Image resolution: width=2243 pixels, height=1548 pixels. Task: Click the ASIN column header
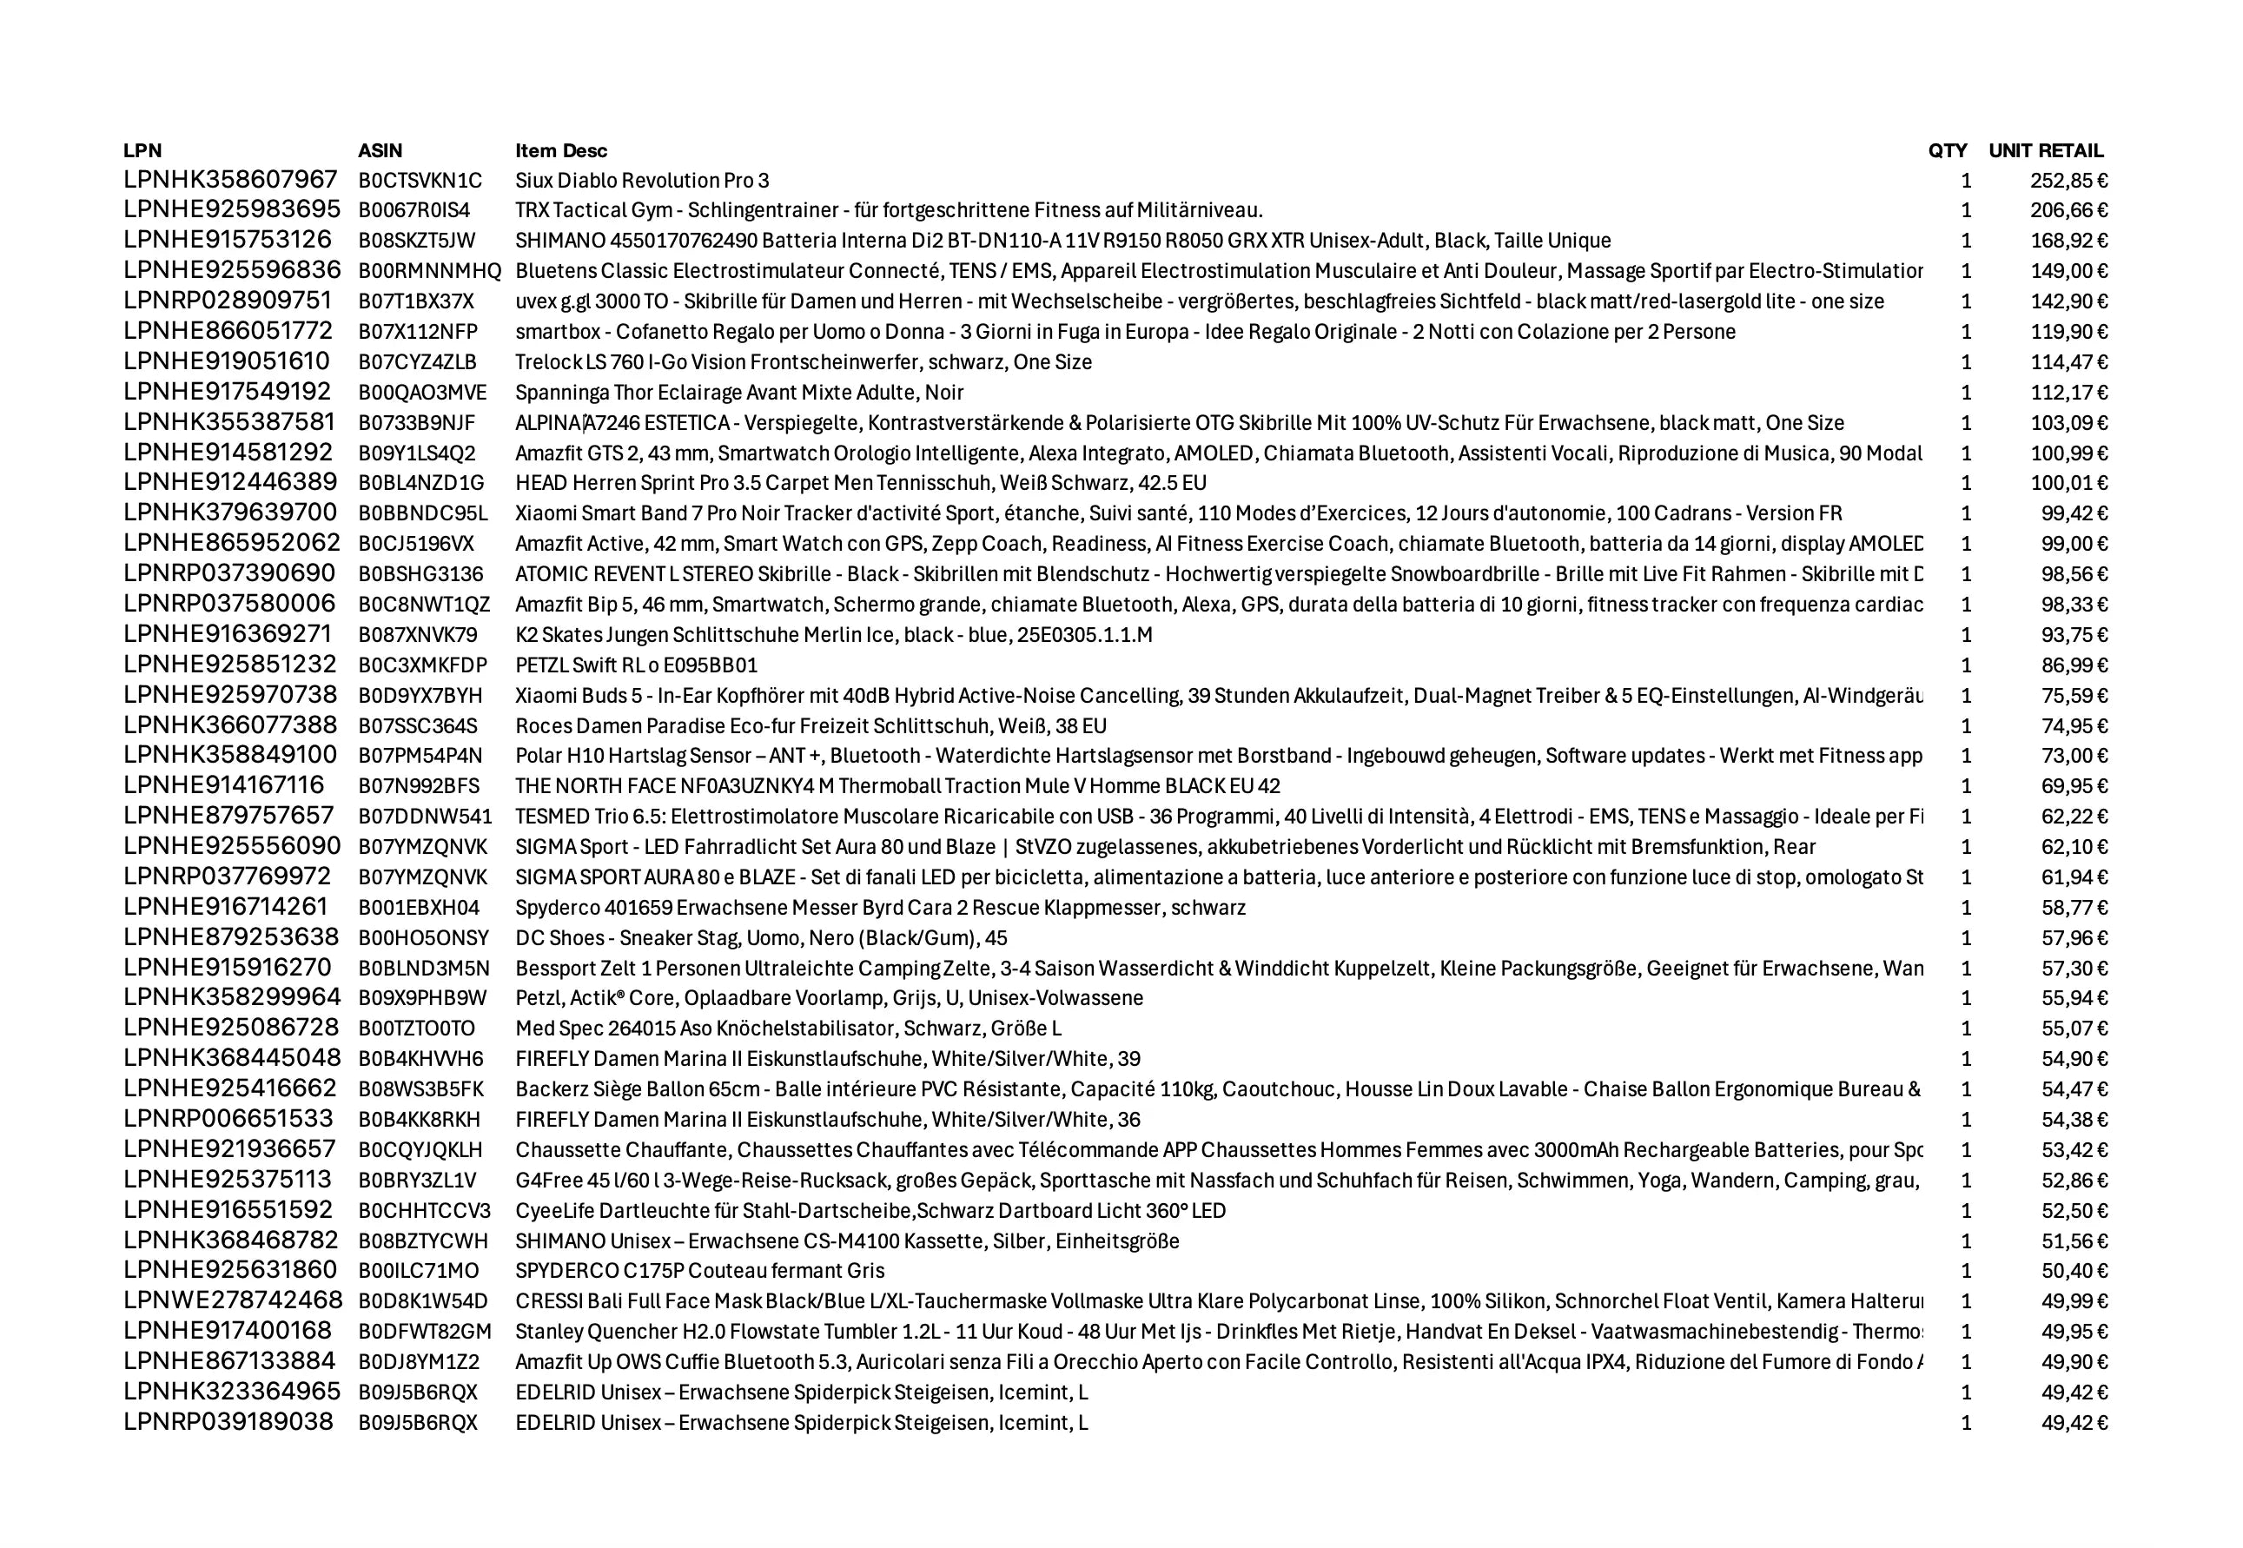(380, 150)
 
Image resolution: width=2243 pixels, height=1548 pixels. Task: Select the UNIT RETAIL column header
(2045, 150)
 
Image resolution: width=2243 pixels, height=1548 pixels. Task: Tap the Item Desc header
(560, 150)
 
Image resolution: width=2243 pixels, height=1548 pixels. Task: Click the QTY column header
(1948, 150)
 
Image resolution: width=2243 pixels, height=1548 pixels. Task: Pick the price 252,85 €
(2068, 181)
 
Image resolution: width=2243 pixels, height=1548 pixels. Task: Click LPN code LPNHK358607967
(231, 180)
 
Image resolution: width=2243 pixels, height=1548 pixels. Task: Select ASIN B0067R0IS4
(414, 210)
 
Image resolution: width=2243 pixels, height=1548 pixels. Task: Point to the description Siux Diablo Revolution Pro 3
(642, 181)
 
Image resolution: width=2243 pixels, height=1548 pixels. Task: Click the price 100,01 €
(2068, 483)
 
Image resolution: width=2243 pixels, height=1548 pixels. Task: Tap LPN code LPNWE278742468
(233, 1300)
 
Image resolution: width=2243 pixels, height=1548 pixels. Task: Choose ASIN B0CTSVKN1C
(420, 181)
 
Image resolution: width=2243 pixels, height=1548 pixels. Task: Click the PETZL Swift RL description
(636, 665)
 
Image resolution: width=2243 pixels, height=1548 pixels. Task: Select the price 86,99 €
(2074, 665)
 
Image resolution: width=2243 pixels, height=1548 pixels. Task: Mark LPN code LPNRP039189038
(228, 1422)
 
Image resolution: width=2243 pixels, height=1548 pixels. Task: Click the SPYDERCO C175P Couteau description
(699, 1271)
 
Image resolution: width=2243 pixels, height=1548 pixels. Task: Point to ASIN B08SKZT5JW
(417, 241)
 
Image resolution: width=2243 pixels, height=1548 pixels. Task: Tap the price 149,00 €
(2068, 271)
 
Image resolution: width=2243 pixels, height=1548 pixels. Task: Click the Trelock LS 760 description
(803, 361)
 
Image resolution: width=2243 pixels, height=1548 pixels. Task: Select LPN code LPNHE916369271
(228, 634)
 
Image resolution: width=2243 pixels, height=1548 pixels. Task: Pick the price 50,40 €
(2074, 1271)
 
